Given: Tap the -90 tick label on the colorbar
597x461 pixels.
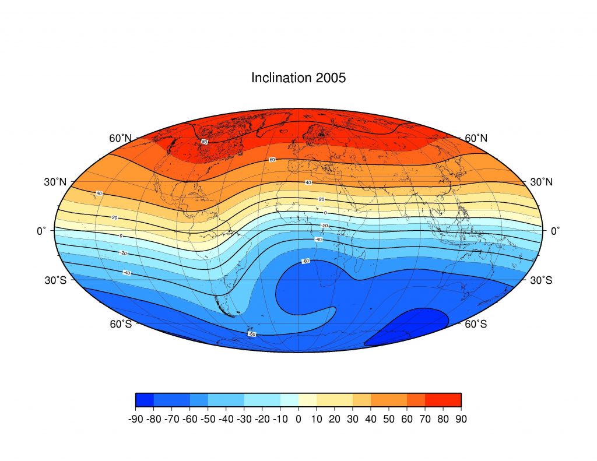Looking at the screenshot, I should (x=135, y=418).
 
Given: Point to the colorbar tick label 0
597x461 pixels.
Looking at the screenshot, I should (x=298, y=418).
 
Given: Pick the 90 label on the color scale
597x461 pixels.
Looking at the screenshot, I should (x=461, y=418).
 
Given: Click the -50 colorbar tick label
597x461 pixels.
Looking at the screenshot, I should (x=208, y=418).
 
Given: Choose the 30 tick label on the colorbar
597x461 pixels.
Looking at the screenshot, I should (x=353, y=418).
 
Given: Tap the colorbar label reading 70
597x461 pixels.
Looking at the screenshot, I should (x=425, y=418).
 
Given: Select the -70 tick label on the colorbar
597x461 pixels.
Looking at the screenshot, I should (x=171, y=418).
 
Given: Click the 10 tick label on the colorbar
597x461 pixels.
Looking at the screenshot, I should (x=317, y=418).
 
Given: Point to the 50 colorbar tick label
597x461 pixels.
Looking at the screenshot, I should (x=389, y=418).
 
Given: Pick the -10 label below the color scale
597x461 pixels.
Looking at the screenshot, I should (x=280, y=418).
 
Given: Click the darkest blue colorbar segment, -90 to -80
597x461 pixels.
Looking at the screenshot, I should (x=145, y=399).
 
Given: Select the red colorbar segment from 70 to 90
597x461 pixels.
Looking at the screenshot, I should (x=443, y=399).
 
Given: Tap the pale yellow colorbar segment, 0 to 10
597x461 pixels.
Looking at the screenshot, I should (x=307, y=399).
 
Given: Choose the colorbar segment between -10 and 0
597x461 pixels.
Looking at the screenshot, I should (x=289, y=399).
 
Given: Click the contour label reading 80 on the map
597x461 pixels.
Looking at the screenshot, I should (x=204, y=142).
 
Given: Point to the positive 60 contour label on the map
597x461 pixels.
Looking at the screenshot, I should (x=272, y=160).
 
